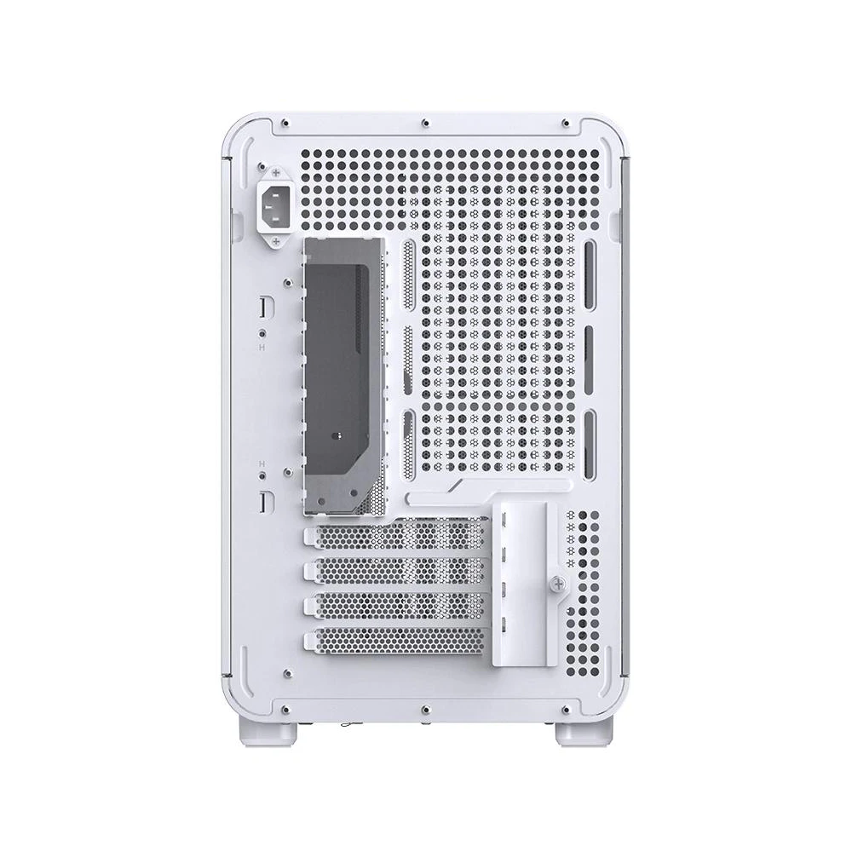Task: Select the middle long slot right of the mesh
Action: pyautogui.click(x=589, y=349)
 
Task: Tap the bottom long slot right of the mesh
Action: pyautogui.click(x=589, y=435)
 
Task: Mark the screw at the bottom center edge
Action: pyautogui.click(x=424, y=706)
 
